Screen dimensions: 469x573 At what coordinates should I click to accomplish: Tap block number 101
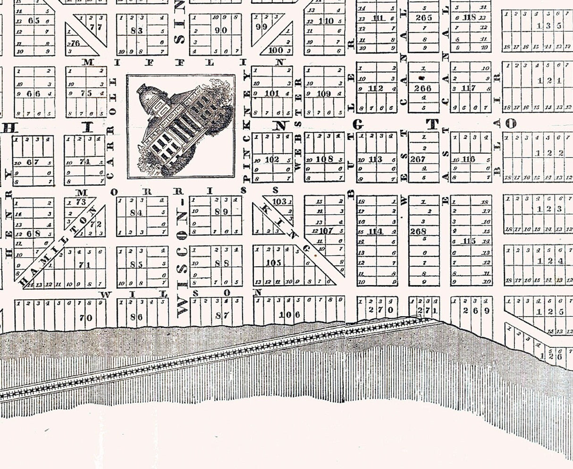[272, 93]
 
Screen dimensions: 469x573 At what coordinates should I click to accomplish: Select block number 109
[324, 94]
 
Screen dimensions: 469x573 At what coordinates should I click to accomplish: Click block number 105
[274, 263]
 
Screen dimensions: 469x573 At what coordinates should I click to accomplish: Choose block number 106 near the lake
[289, 315]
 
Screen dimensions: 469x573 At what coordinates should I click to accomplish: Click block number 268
[418, 232]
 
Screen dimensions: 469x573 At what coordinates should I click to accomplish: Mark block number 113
[375, 159]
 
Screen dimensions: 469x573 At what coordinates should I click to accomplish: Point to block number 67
[33, 162]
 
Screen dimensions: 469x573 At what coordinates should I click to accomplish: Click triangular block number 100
[275, 50]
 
